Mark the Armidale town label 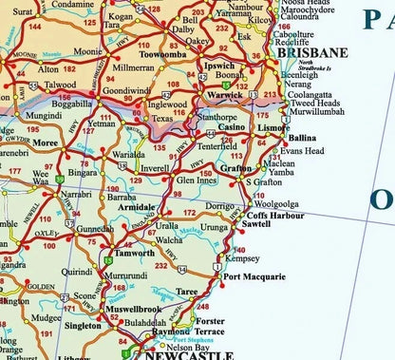pyautogui.click(x=138, y=206)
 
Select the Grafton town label pyautogui.click(x=235, y=168)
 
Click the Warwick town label pyautogui.click(x=225, y=96)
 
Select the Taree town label pyautogui.click(x=214, y=293)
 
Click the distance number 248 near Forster pyautogui.click(x=201, y=307)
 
